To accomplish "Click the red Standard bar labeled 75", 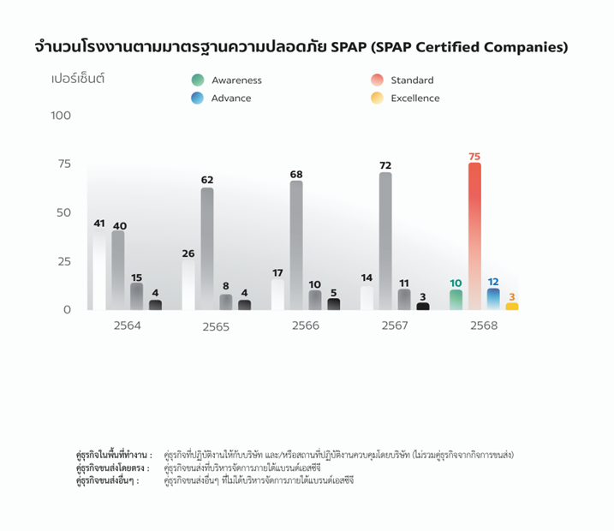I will [x=474, y=236].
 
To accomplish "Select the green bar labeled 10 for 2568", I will [x=456, y=300].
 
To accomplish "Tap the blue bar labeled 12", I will [x=493, y=299].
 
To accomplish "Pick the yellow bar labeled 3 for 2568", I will [x=512, y=306].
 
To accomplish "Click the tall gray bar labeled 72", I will [x=385, y=240].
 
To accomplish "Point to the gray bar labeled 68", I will [x=296, y=244].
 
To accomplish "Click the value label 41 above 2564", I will [x=99, y=224].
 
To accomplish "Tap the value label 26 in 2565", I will [x=188, y=254].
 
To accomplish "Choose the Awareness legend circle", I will [x=198, y=81].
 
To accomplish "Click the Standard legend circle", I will [x=377, y=81].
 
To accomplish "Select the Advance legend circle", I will [x=198, y=98].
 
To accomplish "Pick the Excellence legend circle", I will [x=377, y=98].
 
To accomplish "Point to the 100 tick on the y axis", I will [x=61, y=116].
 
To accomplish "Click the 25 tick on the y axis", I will [x=65, y=261].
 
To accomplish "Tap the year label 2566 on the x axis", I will [x=305, y=326].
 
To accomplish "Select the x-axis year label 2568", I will [x=484, y=326].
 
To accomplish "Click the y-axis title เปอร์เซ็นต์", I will [x=78, y=79].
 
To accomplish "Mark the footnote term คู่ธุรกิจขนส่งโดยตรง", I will [x=112, y=468].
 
